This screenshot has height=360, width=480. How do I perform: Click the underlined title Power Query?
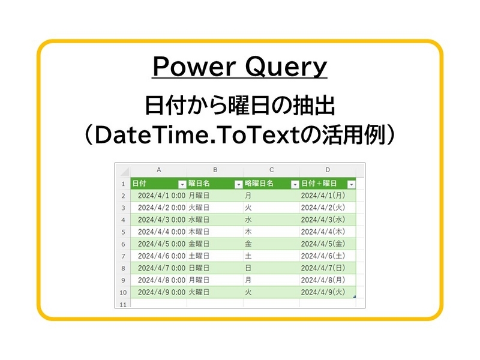(239, 67)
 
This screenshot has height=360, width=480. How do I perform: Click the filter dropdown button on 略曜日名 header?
(295, 184)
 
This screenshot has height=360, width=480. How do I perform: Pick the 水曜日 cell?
(199, 220)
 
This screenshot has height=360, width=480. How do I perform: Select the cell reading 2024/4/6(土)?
(323, 256)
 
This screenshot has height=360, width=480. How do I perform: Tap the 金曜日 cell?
(199, 244)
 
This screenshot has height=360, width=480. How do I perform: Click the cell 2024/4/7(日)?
(323, 268)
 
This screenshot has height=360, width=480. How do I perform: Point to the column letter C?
(271, 170)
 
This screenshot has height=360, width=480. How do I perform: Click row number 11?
(122, 304)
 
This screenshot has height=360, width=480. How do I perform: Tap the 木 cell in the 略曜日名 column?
(248, 232)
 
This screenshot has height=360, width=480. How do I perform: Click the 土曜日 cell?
(199, 256)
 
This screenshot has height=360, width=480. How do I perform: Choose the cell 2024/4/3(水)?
(323, 220)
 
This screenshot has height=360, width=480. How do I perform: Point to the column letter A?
(158, 170)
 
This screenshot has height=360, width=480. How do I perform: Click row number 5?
(122, 232)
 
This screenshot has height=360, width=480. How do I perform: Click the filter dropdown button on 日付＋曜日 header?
(351, 184)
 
